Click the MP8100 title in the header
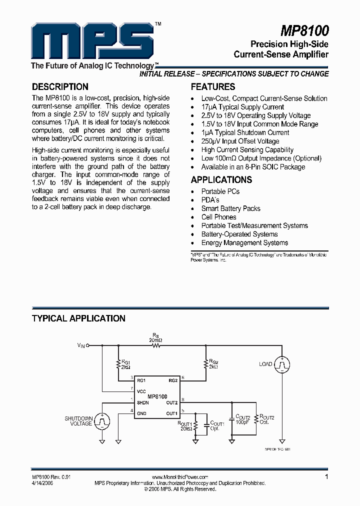click(304, 32)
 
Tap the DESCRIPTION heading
click(60, 86)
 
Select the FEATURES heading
click(213, 86)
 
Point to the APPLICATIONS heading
click(221, 180)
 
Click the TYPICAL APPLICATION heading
click(78, 318)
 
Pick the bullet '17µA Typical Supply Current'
click(242, 107)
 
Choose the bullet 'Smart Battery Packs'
click(230, 208)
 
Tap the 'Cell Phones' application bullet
click(218, 217)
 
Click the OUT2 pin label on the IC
click(172, 402)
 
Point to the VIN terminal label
click(81, 345)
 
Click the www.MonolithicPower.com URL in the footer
click(179, 477)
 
